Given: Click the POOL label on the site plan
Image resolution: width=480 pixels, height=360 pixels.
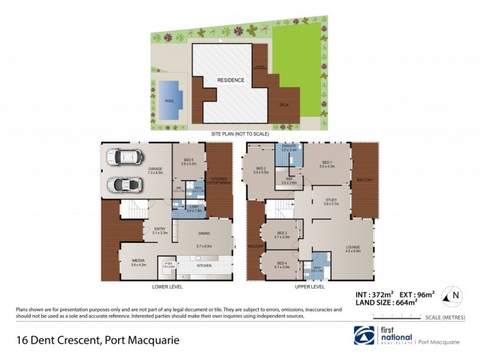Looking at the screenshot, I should tap(169, 101).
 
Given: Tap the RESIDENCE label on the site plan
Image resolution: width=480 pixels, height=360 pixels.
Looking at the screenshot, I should tap(230, 80).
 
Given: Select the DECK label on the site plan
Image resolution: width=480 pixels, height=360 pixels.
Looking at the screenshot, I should tap(285, 105).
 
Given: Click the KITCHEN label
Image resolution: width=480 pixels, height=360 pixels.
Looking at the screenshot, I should tap(203, 265).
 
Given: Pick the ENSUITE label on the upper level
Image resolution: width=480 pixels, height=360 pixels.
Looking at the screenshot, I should tap(289, 146).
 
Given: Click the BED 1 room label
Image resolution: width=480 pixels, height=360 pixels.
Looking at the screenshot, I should tap(326, 163).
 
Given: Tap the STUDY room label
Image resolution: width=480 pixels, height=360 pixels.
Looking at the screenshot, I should tap(331, 200).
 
